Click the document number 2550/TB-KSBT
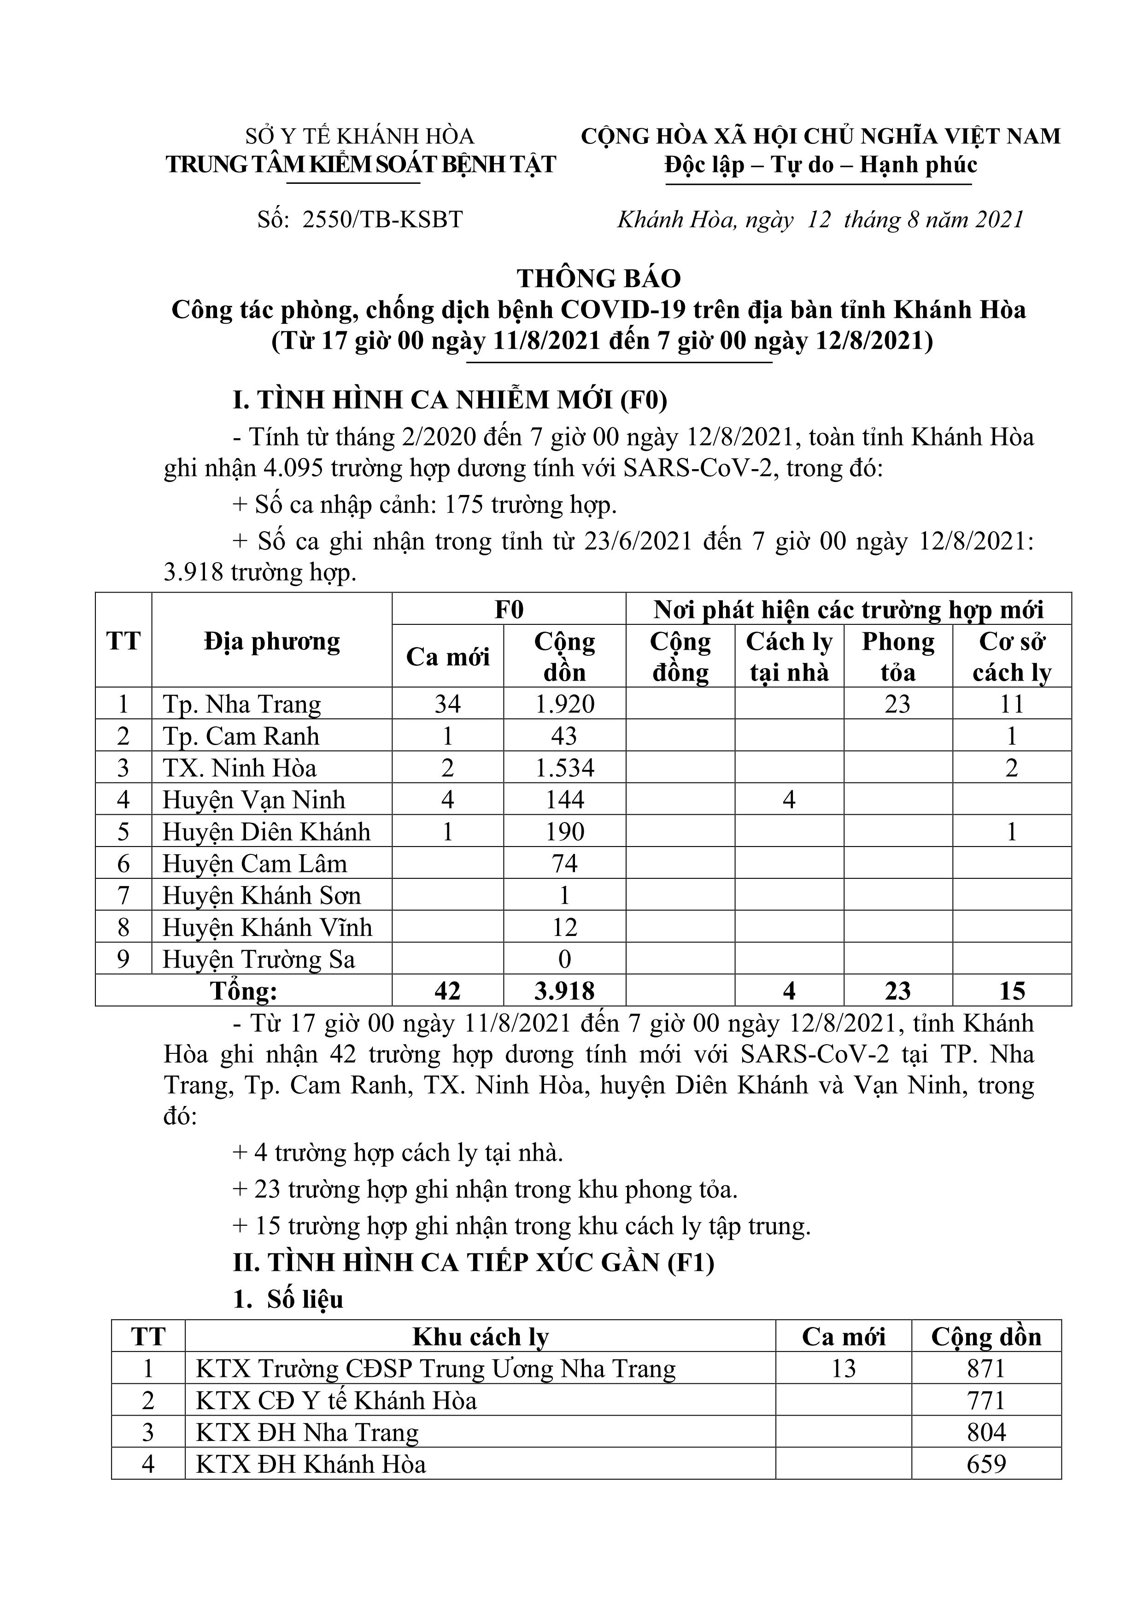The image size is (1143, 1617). coord(382,220)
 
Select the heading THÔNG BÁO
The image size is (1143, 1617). coord(599,279)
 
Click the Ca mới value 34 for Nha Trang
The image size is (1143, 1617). coord(447,704)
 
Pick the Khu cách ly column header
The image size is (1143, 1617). coord(481,1337)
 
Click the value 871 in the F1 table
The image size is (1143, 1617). coord(986,1369)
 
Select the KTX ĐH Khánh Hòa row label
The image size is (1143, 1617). coord(311,1464)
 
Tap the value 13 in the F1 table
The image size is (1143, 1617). coord(843,1369)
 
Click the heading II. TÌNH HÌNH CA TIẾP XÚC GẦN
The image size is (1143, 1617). coord(473,1262)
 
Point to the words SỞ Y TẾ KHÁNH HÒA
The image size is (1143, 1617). coord(360,136)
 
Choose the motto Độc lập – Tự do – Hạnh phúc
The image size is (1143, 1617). coord(821,165)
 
